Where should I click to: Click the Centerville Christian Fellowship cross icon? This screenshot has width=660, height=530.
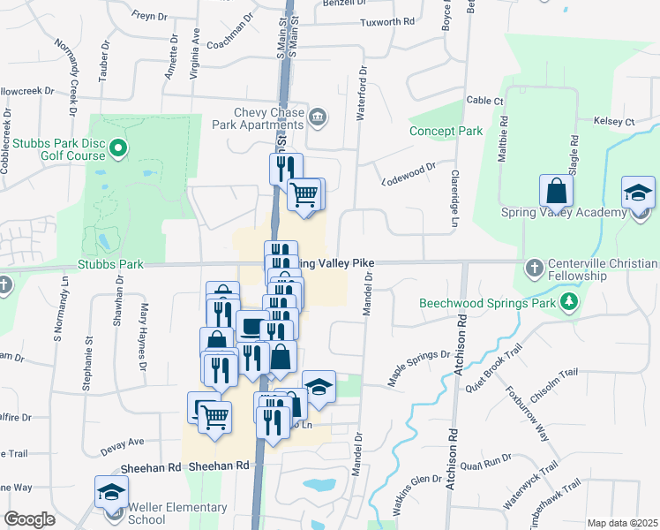click(533, 267)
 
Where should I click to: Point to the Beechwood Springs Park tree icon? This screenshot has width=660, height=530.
click(570, 303)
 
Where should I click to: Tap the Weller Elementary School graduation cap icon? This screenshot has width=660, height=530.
click(112, 492)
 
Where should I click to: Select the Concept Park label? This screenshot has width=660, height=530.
click(446, 131)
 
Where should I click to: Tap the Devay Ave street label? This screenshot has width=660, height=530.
click(122, 442)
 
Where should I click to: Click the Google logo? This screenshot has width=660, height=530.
click(29, 519)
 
